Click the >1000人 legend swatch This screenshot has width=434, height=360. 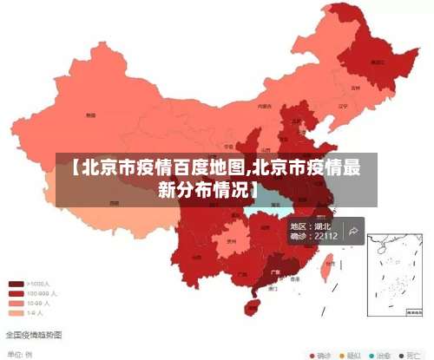[16, 284]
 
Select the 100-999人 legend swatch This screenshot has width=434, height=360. [16, 293]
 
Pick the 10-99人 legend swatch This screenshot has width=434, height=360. [16, 303]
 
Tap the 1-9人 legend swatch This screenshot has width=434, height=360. [16, 312]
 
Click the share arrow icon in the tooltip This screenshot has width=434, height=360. [354, 231]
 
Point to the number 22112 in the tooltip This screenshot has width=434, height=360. [325, 236]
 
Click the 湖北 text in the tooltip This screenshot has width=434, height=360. [322, 226]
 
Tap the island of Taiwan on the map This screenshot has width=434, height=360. [327, 270]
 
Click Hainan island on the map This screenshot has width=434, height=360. [253, 306]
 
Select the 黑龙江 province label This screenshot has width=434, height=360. [377, 62]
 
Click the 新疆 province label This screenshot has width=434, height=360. [90, 115]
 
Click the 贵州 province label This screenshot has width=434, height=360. [231, 243]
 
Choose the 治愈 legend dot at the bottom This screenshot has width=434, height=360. [372, 355]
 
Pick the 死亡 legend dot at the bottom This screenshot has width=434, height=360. [401, 355]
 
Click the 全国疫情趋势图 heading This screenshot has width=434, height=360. [34, 334]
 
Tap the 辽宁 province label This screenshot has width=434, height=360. [341, 107]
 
